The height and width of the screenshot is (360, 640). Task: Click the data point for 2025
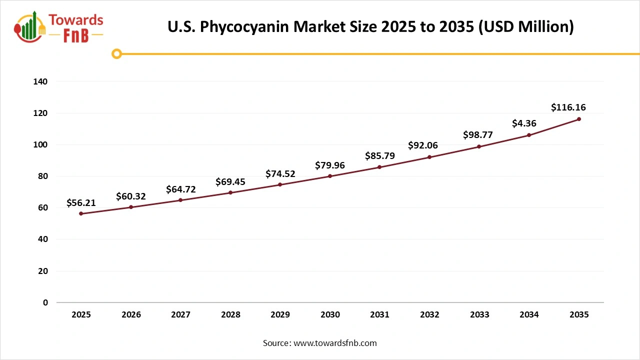81,213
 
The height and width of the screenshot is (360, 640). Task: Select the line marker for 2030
330,176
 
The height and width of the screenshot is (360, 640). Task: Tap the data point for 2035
578,119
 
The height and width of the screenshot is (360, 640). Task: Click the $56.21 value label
81,203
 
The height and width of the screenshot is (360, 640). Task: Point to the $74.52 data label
280,174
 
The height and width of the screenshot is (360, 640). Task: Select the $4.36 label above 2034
524,123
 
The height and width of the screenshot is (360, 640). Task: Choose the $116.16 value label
568,107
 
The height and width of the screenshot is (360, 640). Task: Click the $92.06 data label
423,145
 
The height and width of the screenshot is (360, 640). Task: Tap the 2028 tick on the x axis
230,314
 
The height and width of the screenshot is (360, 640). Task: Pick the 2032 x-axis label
429,314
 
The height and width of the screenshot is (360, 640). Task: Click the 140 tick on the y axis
40,81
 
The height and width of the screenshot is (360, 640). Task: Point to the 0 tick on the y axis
45,302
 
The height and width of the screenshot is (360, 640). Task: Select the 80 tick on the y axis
43,176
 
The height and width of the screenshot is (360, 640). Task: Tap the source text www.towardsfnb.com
335,343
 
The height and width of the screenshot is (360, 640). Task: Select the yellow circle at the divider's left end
116,53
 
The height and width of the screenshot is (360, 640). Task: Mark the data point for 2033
479,146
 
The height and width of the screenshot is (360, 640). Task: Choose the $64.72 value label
181,189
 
